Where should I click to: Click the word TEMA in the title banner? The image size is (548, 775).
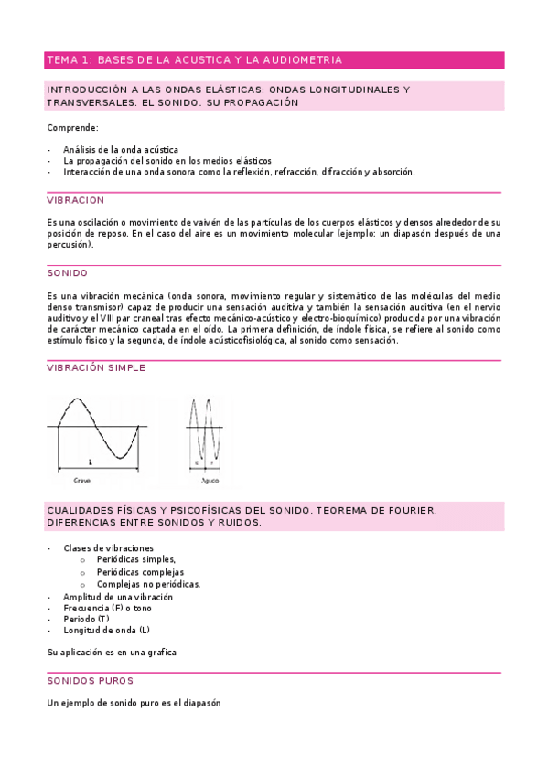tap(61, 60)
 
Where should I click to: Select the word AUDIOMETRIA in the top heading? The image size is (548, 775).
tap(300, 60)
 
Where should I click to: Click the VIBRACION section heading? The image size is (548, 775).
tap(75, 200)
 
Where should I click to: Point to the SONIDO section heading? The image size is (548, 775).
tap(67, 272)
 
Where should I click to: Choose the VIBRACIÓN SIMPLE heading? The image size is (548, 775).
tap(95, 367)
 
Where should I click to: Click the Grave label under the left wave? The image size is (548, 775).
tap(81, 479)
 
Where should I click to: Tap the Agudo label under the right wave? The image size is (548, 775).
tap(210, 479)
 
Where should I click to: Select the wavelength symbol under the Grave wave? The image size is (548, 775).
tap(90, 462)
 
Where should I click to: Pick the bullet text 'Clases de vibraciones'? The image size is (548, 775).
tap(108, 548)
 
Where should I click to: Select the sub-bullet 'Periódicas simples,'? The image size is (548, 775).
tap(136, 560)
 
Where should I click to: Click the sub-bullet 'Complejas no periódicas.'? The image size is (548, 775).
tap(148, 584)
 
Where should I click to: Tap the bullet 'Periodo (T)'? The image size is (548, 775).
tap(86, 619)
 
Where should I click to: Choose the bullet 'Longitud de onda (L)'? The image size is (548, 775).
tap(106, 631)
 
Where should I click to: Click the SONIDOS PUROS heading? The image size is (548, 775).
tap(90, 681)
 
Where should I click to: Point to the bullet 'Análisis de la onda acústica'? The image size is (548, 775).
tap(121, 149)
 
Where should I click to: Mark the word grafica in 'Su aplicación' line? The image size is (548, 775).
tap(160, 653)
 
